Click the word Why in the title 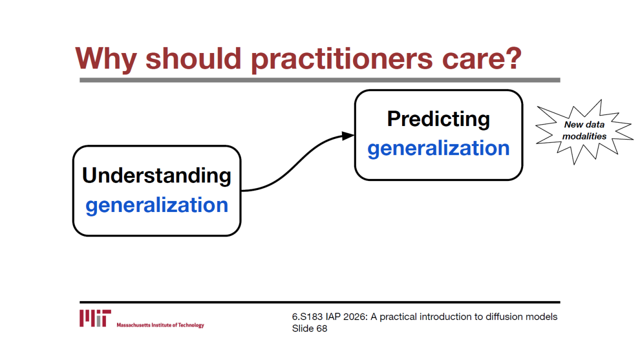coord(106,59)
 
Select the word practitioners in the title coord(341,59)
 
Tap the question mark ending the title coord(513,58)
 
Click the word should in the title coord(193,58)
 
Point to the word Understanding coord(156,175)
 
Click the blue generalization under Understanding coord(157,205)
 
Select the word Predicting coord(438,119)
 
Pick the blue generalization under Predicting coord(438,148)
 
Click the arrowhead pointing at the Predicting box coord(348,135)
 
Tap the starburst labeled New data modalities coord(584,131)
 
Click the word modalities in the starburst coord(584,136)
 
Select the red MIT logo coord(95,318)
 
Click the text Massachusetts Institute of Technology coord(160,325)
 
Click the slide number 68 coord(321,328)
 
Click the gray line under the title coord(319,80)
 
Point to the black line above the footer coord(319,302)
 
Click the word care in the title coord(470,61)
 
